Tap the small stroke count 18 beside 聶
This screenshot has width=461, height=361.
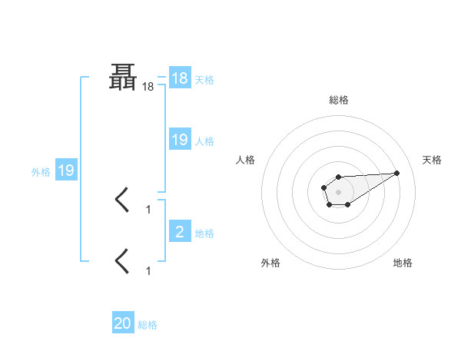(148, 88)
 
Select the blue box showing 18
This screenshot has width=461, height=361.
(180, 78)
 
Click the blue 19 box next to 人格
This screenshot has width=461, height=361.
(180, 140)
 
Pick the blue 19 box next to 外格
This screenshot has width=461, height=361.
(66, 171)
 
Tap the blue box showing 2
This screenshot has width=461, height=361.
(180, 231)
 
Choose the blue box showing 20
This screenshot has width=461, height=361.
(123, 323)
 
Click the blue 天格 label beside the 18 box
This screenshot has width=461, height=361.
(204, 79)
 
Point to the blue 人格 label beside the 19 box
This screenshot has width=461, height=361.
(204, 141)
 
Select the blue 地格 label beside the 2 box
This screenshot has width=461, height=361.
(204, 232)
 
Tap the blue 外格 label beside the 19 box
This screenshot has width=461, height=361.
(41, 171)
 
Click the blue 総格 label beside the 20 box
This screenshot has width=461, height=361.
(148, 324)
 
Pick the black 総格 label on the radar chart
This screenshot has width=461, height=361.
(339, 100)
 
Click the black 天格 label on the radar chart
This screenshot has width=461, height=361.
(432, 160)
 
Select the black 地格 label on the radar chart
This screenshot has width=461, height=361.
(403, 263)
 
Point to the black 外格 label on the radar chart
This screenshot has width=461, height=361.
(270, 263)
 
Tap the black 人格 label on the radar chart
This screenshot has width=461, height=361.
(246, 160)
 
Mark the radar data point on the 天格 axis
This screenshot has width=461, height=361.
(397, 173)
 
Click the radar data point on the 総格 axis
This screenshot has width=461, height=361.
(339, 177)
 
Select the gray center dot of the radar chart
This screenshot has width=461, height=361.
(339, 191)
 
